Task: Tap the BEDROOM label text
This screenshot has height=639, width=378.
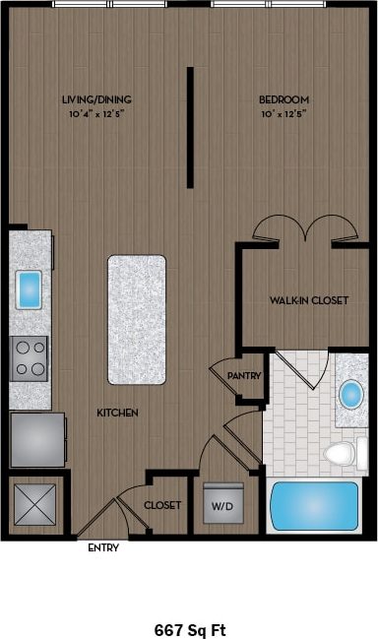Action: pos(284,99)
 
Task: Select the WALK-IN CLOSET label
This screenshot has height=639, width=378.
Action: pos(308,299)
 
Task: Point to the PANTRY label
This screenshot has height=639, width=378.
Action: pos(242,375)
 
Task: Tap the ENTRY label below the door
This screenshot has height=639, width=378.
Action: pos(103,548)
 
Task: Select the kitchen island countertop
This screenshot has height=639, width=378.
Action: pos(136,319)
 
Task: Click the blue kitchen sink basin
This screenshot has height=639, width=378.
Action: pos(29,288)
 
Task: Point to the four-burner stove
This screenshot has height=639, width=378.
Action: pos(30,357)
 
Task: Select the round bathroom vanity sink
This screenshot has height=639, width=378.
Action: pos(349,395)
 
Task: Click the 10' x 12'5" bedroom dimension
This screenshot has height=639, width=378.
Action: pos(284,113)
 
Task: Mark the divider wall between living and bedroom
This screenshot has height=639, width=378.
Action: pos(189,128)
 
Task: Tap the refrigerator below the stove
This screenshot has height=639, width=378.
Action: pos(37,438)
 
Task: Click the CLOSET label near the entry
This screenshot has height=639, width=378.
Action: pos(162,505)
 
